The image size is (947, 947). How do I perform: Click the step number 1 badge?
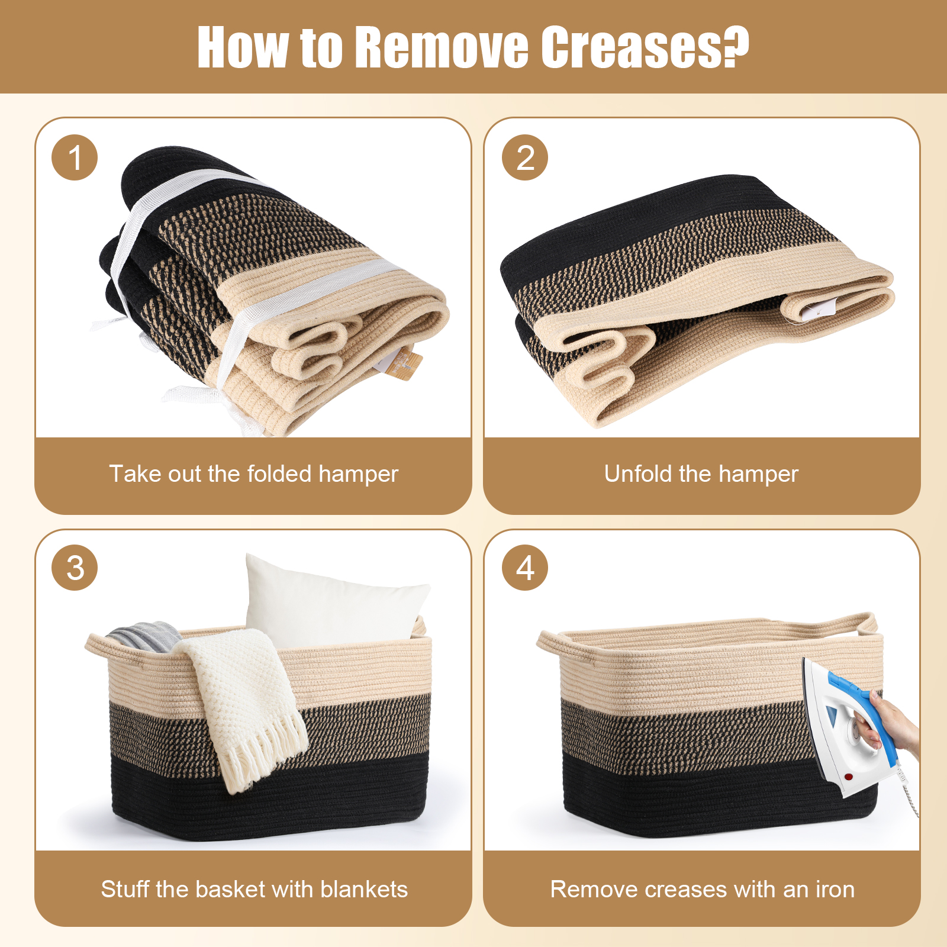tap(75, 157)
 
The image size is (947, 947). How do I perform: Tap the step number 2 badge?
tap(525, 157)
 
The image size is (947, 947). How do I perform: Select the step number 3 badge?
tap(75, 568)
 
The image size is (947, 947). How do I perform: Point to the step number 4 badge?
tap(525, 568)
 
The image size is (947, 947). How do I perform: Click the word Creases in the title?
tap(645, 47)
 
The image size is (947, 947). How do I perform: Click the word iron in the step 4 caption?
tap(835, 889)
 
